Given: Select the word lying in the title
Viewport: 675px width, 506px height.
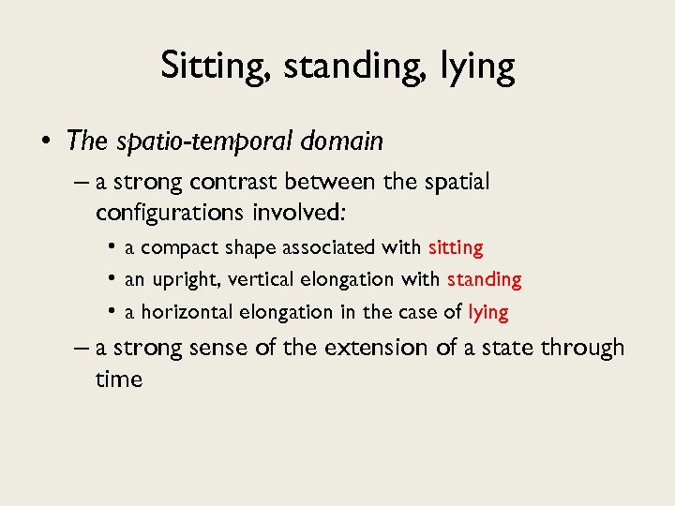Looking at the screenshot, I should tap(481, 67).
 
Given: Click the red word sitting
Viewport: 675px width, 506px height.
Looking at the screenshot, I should tap(456, 248).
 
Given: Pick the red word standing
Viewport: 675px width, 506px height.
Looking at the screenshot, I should tap(484, 279).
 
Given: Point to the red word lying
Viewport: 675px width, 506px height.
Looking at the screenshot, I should tap(488, 311).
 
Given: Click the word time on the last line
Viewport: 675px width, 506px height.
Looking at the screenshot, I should tap(118, 379).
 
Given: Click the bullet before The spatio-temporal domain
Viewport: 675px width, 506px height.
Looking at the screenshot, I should tap(45, 141).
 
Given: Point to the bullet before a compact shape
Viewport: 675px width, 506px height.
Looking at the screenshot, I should tap(112, 248).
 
